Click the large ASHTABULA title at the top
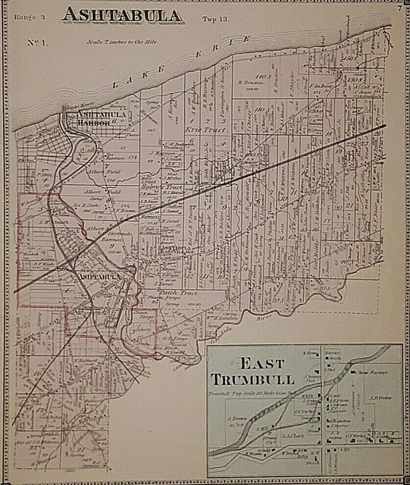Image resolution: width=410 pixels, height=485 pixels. pyautogui.click(x=121, y=15)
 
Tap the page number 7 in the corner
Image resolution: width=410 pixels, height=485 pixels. pyautogui.click(x=398, y=9)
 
